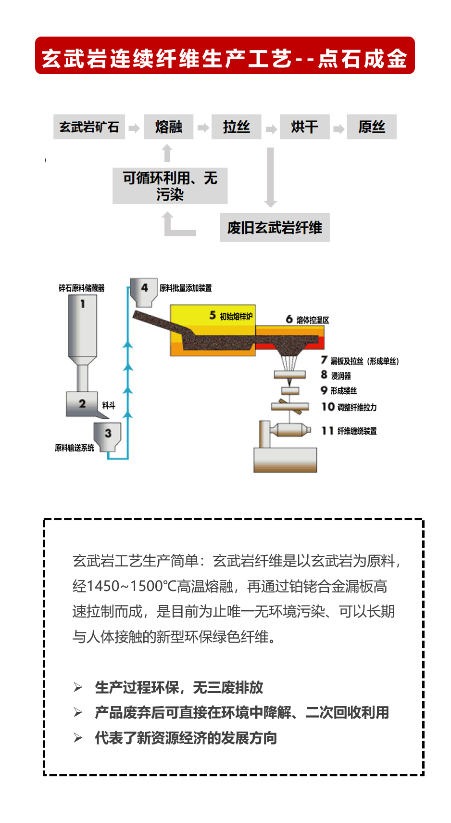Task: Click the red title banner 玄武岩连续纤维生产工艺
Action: [225, 56]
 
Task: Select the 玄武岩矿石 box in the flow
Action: [89, 127]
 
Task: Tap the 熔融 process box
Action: [169, 127]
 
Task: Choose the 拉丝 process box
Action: [237, 127]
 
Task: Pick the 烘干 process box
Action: [304, 127]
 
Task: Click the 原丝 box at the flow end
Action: [372, 127]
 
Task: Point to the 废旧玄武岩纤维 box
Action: [275, 228]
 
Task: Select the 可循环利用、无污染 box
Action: [170, 186]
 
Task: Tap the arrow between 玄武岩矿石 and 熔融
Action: [135, 128]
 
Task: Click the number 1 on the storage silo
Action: [83, 304]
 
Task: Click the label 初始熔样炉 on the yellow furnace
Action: [236, 316]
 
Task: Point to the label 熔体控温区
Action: [313, 320]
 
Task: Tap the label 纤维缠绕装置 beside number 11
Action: [357, 431]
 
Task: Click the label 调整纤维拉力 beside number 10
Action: [357, 408]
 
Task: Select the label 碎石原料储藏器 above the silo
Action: [82, 288]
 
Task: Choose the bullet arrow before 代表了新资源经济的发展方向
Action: [78, 738]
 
